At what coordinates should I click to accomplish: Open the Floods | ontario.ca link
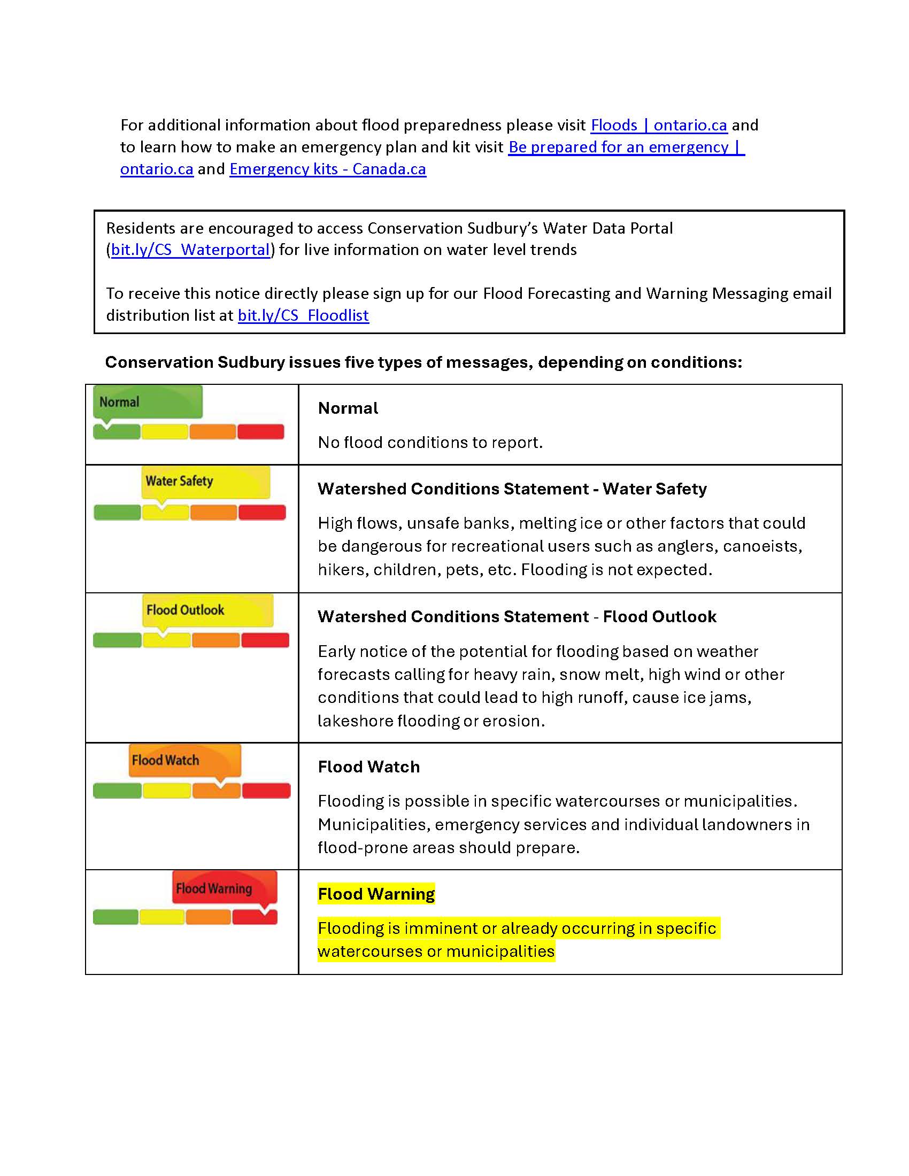(659, 125)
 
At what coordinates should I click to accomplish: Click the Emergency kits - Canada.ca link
(327, 169)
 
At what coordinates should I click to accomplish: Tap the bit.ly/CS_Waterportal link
(190, 250)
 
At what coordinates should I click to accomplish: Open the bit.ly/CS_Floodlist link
(303, 315)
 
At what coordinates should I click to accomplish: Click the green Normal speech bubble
(148, 401)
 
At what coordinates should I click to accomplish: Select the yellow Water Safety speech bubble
(206, 482)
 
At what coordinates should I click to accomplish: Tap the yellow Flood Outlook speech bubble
(207, 609)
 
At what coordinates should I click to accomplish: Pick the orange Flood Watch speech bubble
(184, 760)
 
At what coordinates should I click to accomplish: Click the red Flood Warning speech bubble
(225, 887)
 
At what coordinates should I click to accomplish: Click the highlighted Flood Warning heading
(376, 894)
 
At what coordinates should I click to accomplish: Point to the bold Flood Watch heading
(369, 767)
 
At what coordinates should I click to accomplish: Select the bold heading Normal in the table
(348, 408)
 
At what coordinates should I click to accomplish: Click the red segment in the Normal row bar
(260, 432)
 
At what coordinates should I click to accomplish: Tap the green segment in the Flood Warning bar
(116, 916)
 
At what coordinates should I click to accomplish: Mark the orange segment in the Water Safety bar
(213, 513)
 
